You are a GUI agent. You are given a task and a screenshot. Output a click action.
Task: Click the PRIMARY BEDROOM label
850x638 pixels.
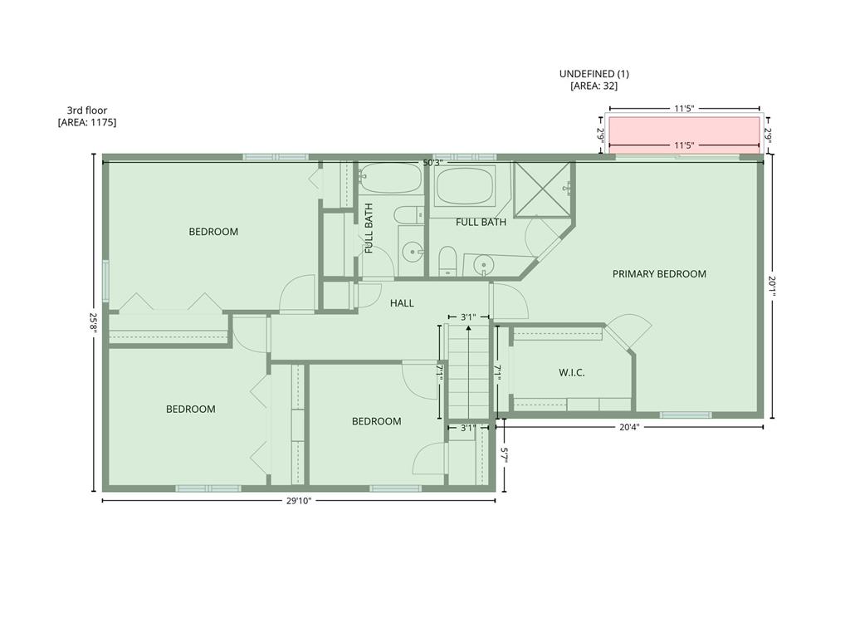(659, 274)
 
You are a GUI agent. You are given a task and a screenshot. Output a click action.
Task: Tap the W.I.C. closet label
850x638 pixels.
(572, 373)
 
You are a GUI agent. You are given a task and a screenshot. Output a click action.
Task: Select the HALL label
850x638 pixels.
(402, 303)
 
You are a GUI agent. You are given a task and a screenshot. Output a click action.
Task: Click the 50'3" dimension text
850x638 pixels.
(433, 163)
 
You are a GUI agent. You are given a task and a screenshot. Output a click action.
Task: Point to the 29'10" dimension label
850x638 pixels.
(299, 501)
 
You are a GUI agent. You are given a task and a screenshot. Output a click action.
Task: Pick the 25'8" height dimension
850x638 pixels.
(94, 323)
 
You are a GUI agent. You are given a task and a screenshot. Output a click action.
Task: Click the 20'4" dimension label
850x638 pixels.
(629, 427)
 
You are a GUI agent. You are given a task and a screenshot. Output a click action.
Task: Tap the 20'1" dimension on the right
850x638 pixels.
(773, 287)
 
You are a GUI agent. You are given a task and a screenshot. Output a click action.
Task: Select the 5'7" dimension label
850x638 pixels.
(504, 454)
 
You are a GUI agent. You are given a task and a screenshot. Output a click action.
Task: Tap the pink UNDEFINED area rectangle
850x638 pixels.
(684, 135)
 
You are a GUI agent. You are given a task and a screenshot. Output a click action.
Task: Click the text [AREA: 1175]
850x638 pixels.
(87, 122)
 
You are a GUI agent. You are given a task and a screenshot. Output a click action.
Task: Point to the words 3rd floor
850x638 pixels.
(87, 110)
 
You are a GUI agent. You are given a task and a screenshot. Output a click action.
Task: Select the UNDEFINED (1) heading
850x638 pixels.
(594, 74)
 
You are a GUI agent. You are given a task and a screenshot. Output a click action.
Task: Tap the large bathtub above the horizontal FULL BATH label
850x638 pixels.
(466, 186)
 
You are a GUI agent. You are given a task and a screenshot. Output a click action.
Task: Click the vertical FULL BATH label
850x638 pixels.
(369, 228)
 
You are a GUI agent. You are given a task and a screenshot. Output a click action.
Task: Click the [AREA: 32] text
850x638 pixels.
(594, 86)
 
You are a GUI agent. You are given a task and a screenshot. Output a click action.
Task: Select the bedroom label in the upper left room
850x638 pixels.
(213, 232)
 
